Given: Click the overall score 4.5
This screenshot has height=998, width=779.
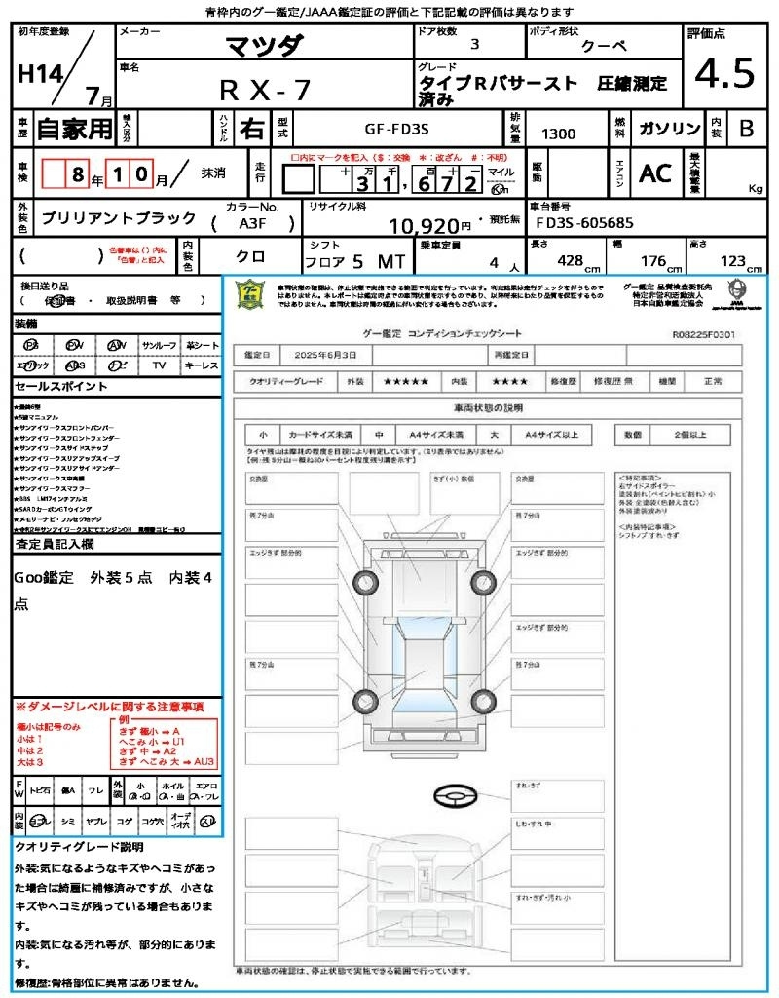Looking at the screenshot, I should [x=723, y=75].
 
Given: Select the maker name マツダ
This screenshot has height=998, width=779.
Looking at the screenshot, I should [x=264, y=45].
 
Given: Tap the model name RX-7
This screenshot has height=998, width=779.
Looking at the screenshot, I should [x=264, y=90].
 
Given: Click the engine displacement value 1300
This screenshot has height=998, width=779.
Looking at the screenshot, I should [x=558, y=134].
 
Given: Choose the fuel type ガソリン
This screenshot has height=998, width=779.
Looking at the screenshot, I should [x=669, y=130].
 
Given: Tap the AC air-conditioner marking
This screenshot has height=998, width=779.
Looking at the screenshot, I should [x=655, y=173].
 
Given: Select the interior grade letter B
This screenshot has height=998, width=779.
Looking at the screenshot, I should [x=746, y=130].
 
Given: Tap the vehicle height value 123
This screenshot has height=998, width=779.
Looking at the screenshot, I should [x=731, y=261].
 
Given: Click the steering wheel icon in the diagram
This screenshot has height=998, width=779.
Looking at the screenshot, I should [x=454, y=798].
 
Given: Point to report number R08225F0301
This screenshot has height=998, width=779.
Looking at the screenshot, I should [x=703, y=333].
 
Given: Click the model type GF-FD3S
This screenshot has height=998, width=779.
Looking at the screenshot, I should [x=403, y=128].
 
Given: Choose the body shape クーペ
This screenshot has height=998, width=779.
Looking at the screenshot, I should [x=604, y=46].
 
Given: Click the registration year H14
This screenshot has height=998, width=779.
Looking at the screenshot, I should [x=37, y=75].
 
